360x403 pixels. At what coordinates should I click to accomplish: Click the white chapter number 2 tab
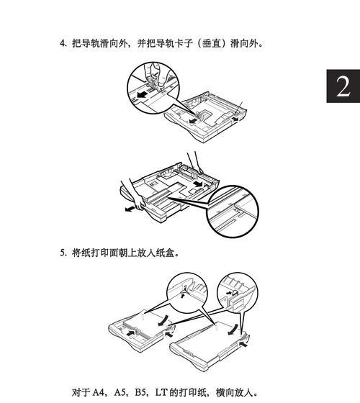(x=343, y=86)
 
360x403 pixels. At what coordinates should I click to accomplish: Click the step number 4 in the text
(x=63, y=43)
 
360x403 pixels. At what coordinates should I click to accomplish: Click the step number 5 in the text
(x=63, y=253)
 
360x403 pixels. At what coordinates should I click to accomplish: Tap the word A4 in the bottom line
(x=99, y=392)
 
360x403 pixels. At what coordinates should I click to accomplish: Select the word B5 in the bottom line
(x=141, y=392)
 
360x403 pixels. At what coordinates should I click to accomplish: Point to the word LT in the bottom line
(x=161, y=392)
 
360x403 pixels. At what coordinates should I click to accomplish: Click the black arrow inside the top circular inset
(x=143, y=94)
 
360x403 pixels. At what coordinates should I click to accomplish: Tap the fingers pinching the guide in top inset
(x=155, y=75)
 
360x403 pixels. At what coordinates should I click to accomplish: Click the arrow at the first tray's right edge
(x=234, y=119)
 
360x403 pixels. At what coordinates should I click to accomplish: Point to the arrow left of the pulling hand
(x=130, y=209)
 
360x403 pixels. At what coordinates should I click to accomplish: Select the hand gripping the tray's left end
(x=135, y=195)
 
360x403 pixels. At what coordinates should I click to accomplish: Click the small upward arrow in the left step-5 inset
(x=182, y=296)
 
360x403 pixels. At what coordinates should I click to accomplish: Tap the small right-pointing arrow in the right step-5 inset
(x=228, y=292)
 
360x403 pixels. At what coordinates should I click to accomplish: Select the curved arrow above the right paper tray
(x=233, y=330)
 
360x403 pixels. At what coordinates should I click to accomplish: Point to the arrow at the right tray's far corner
(x=243, y=344)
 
